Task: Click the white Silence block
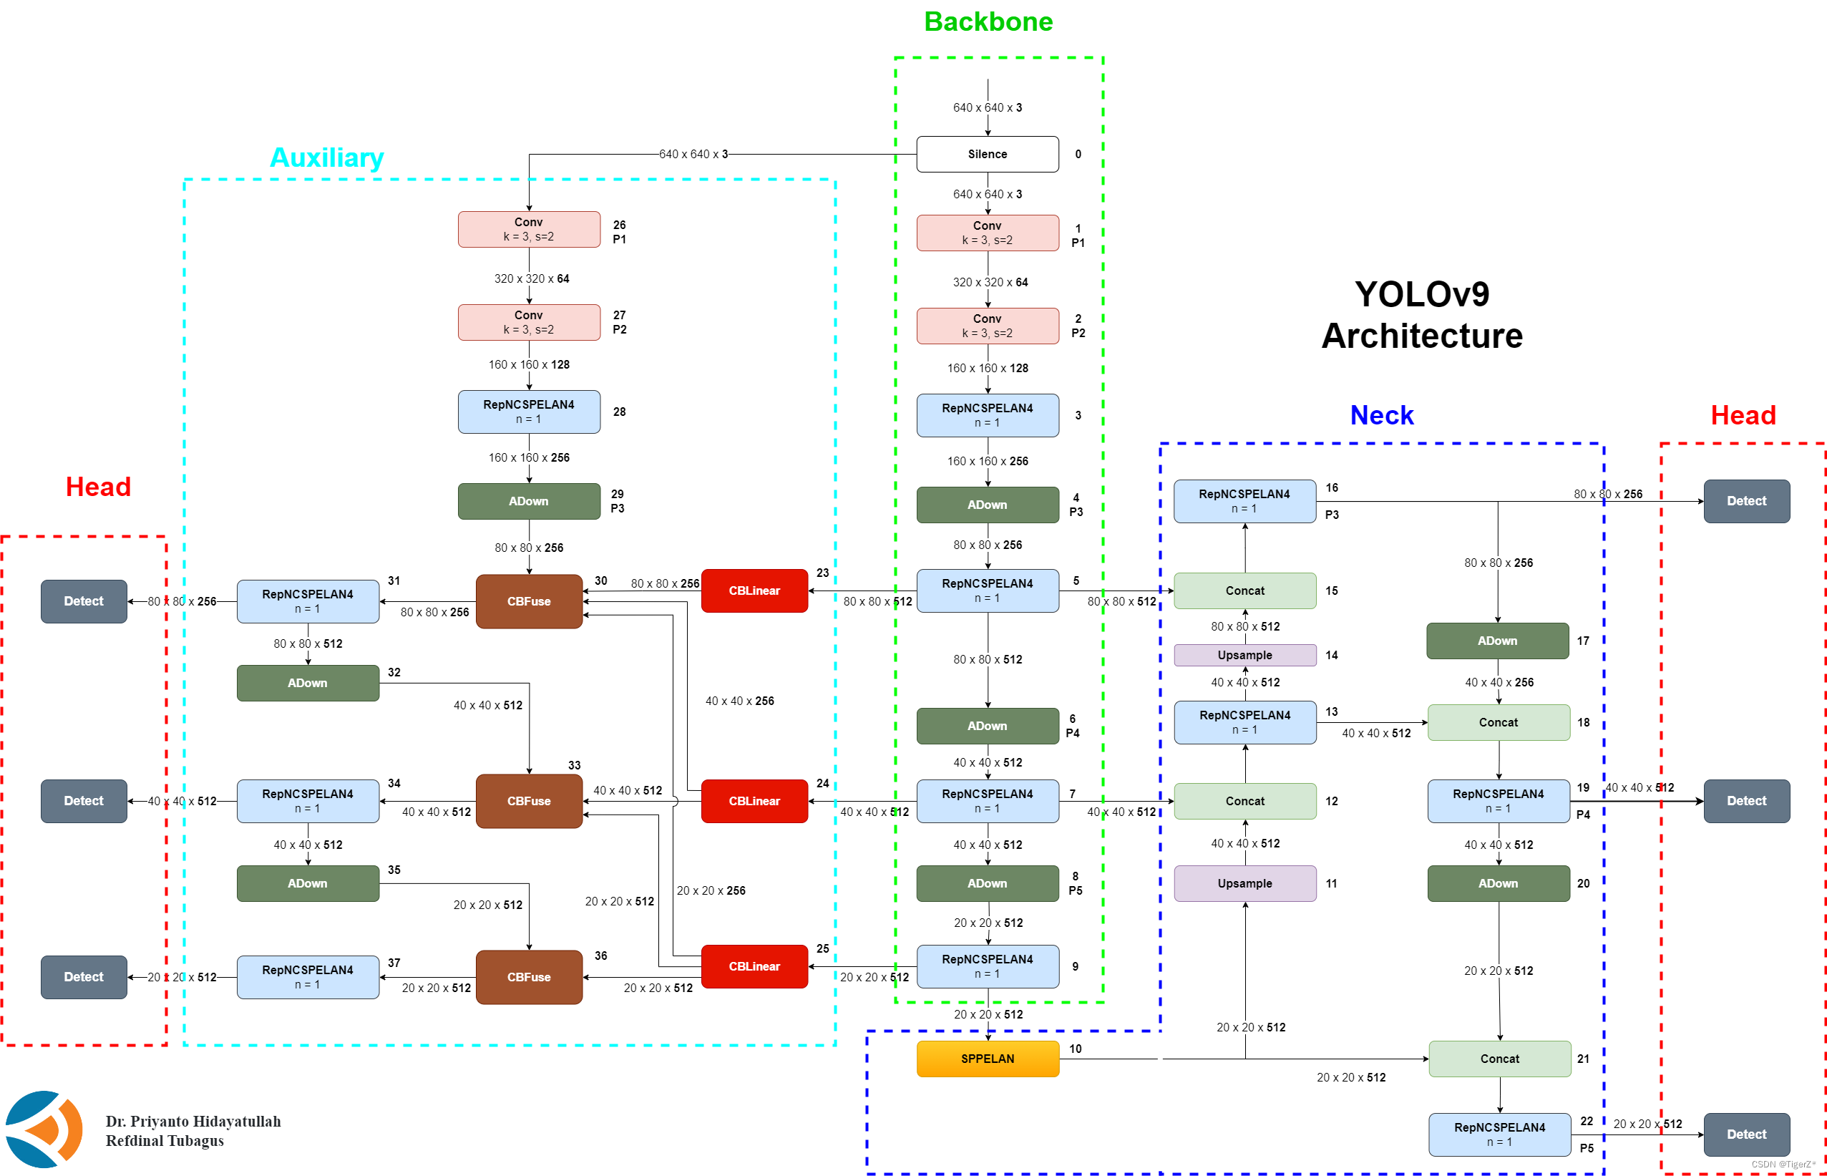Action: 986,155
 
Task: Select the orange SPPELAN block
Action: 986,1059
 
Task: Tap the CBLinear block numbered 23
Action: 754,591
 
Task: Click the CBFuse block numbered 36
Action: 528,977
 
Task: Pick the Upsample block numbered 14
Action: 1244,655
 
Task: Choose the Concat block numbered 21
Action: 1499,1059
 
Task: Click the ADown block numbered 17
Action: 1496,641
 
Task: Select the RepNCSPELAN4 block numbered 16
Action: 1244,501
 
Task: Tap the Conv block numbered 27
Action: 528,322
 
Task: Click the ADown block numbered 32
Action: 308,683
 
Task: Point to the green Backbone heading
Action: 988,21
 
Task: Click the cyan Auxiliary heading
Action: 327,157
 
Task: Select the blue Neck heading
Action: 1381,415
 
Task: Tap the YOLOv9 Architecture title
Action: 1421,315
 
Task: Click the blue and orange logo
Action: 44,1129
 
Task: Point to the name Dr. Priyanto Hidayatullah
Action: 193,1121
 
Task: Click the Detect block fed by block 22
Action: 1746,1134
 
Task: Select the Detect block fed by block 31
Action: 84,601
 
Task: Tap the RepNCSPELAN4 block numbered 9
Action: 986,966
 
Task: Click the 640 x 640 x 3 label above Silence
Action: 986,107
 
